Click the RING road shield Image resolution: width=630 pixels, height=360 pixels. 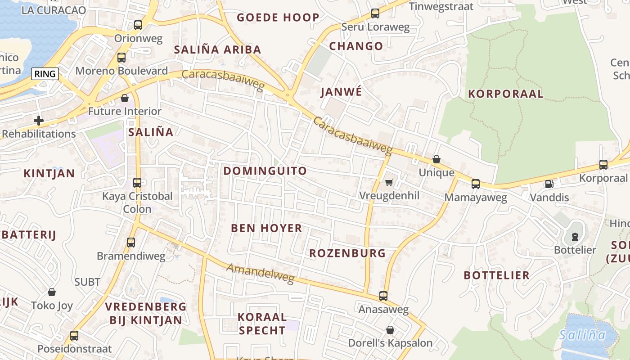pos(45,74)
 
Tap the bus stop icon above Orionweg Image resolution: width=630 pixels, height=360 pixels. pos(138,25)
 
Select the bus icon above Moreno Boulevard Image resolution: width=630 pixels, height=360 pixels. pos(121,58)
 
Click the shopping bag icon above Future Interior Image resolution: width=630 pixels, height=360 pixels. pos(125,98)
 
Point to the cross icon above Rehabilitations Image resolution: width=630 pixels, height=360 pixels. pos(39,120)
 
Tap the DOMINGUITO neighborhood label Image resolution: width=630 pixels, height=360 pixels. pos(265,171)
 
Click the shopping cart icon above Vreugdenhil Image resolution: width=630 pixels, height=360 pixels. pos(389,182)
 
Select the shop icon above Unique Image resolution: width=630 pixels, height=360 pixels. pos(436,159)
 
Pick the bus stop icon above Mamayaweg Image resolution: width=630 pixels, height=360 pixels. pos(476,184)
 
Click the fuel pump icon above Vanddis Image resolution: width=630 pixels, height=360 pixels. pos(549,184)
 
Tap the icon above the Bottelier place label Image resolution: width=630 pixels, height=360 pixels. pos(575,236)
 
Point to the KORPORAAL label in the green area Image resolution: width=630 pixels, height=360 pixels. pos(506,94)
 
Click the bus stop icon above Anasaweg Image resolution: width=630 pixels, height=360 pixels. pos(383,296)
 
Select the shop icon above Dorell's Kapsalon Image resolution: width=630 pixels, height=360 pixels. pos(390,330)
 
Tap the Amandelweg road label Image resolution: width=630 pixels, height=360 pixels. pos(261,274)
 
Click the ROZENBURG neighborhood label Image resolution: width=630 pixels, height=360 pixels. pos(347,253)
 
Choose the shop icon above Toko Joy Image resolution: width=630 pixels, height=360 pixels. pos(52,292)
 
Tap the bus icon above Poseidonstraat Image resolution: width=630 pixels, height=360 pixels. pos(74,335)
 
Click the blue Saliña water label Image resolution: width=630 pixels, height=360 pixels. pos(582,335)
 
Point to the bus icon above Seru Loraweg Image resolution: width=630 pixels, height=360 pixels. pos(375,13)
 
